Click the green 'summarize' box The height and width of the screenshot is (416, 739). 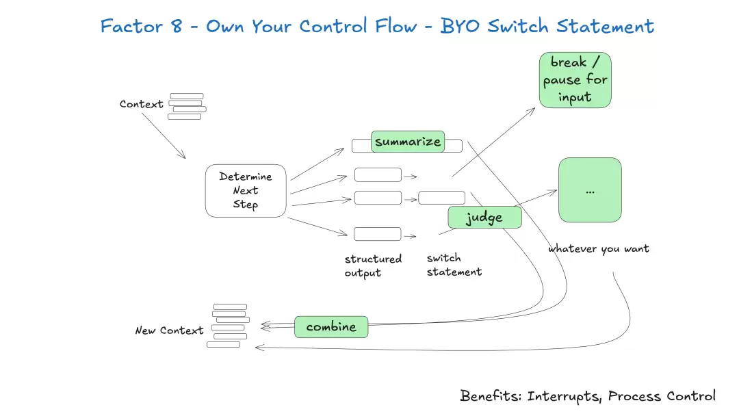pos(408,142)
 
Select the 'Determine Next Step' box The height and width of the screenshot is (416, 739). pos(246,191)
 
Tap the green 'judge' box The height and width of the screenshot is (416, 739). pos(484,217)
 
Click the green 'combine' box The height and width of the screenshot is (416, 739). pos(331,327)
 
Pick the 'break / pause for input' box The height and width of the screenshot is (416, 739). pos(575,80)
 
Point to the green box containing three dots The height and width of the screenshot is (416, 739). pos(590,190)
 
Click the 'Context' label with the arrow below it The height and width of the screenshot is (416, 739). pos(141,104)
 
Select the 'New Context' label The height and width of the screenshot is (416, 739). pos(169,330)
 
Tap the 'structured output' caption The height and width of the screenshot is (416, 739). pos(373,266)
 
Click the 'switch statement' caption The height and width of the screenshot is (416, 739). pos(454,265)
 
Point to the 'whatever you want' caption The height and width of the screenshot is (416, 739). pos(599,249)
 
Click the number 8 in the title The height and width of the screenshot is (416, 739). pos(177,27)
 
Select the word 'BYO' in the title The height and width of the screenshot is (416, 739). pos(460,27)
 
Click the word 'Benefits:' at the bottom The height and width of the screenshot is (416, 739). pos(491,395)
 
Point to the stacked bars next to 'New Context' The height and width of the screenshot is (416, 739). pos(228,326)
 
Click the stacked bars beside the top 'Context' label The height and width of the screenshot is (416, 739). pos(187,106)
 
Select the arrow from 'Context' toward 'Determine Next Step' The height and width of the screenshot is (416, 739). pos(164,135)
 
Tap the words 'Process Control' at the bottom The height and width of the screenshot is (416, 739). pos(662,396)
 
